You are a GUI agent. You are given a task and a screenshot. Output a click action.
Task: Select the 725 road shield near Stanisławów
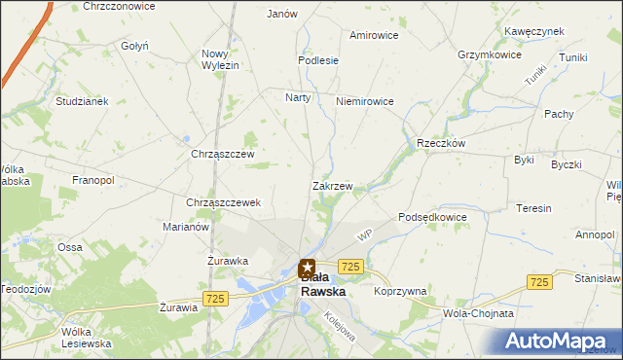[x=540, y=280]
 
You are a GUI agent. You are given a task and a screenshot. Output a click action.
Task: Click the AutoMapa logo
[x=560, y=340]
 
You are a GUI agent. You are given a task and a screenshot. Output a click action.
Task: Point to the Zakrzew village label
[x=332, y=185]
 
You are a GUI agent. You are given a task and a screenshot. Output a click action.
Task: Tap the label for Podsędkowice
[x=433, y=217]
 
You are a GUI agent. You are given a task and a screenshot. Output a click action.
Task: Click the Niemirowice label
[x=364, y=101]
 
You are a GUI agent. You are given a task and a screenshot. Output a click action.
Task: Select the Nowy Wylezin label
[x=220, y=58]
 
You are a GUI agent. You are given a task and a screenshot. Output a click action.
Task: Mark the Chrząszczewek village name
[x=223, y=202]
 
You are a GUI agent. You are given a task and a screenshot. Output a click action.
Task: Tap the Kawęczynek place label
[x=534, y=31]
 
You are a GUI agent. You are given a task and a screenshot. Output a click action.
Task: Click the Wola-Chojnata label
[x=478, y=314]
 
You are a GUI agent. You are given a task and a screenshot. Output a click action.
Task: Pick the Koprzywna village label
[x=400, y=291]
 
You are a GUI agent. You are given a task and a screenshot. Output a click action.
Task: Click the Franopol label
[x=93, y=180]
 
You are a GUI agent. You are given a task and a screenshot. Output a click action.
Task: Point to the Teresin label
[x=534, y=208]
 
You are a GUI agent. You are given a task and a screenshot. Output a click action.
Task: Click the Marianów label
[x=186, y=227]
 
